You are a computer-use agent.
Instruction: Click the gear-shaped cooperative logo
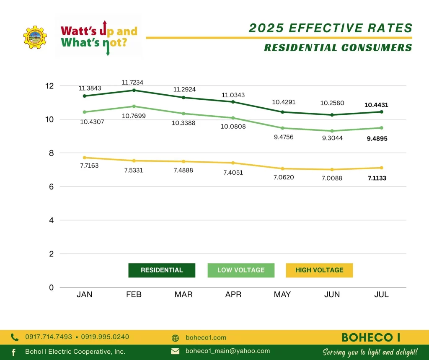click(x=35, y=37)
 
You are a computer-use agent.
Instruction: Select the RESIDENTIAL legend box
click(x=162, y=270)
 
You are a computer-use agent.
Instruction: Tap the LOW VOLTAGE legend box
click(x=241, y=270)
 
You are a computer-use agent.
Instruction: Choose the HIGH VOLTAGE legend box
click(x=319, y=270)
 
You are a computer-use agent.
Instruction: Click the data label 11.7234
click(x=132, y=83)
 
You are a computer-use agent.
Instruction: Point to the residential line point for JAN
click(x=85, y=96)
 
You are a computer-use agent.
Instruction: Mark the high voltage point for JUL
click(x=382, y=168)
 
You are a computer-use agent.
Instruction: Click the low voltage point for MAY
click(x=282, y=128)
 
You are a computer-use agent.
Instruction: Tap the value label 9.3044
click(x=332, y=138)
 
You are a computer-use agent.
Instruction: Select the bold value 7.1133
click(x=377, y=178)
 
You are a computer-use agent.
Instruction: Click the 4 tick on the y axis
click(x=51, y=220)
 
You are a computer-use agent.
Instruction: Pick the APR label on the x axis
click(x=233, y=295)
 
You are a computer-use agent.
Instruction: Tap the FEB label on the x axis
click(x=134, y=295)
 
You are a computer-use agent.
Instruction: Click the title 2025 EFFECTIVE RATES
click(x=331, y=28)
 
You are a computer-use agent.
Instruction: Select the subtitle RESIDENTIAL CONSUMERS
click(x=338, y=48)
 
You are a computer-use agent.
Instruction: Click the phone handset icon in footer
click(x=15, y=337)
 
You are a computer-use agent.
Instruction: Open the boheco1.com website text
click(x=206, y=338)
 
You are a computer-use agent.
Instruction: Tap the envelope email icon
click(x=175, y=351)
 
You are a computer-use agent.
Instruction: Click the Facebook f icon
click(x=13, y=352)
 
